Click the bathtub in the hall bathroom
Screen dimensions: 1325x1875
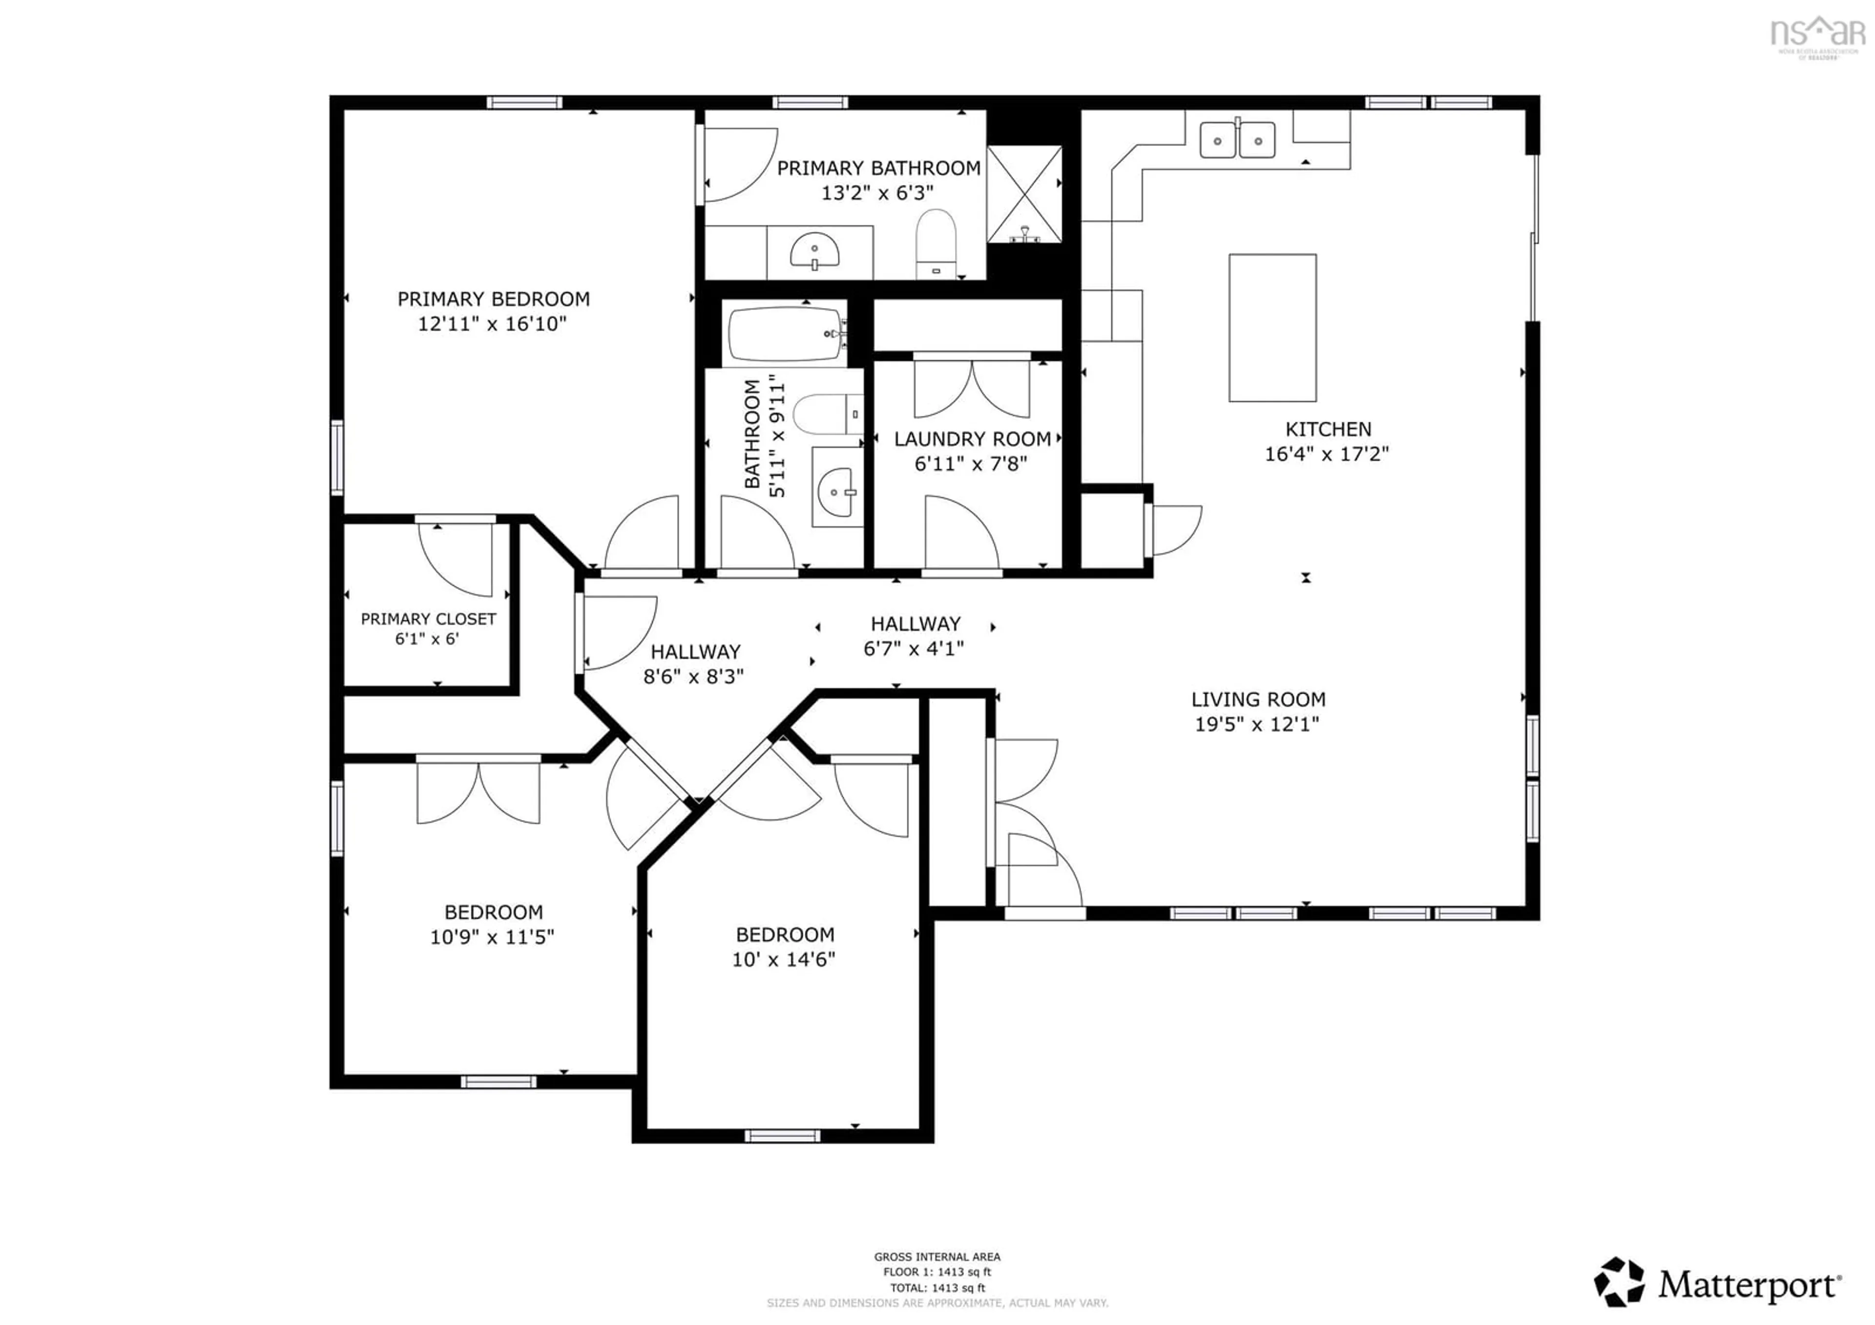(785, 333)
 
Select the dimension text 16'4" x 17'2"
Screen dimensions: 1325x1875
(1326, 454)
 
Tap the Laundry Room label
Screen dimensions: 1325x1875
(972, 439)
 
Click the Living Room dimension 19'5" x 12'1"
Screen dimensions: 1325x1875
(1257, 724)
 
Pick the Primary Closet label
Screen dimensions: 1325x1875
(428, 619)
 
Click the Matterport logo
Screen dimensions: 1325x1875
(1718, 1285)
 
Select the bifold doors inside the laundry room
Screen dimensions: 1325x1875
(972, 387)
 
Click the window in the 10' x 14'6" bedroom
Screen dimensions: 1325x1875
(782, 1136)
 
